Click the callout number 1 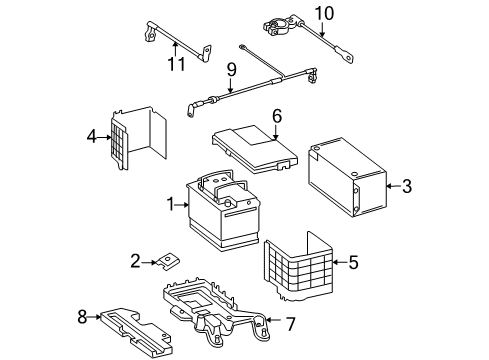171,204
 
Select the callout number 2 135,261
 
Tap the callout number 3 407,186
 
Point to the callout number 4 92,137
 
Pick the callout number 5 353,262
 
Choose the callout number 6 277,116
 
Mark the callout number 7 291,324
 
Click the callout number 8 82,317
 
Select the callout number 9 232,70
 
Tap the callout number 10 324,14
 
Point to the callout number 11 176,64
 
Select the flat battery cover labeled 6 255,149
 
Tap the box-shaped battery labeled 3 347,177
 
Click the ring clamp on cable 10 277,26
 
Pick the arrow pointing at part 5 340,262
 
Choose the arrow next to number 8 94,317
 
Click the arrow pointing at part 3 393,186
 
